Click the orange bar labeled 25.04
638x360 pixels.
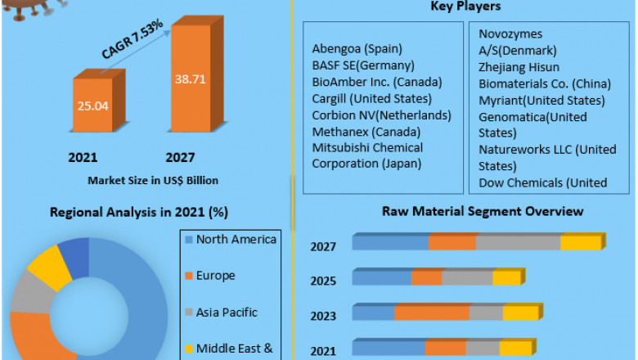95,105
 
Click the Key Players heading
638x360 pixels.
465,7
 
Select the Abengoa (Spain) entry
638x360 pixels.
357,49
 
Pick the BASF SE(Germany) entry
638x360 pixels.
363,65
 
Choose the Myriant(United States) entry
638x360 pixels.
541,100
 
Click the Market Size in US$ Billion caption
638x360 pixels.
153,179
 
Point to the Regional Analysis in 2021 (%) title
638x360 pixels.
138,212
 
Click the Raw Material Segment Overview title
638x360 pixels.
483,211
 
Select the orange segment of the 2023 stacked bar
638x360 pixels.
431,313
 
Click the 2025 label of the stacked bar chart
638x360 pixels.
322,281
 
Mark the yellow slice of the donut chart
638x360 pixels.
48,265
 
